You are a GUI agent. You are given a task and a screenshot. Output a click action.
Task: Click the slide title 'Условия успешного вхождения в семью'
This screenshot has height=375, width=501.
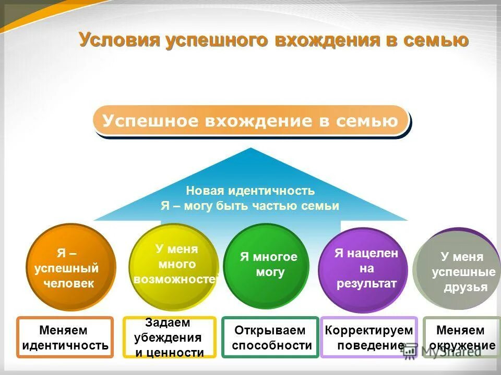[x=273, y=40]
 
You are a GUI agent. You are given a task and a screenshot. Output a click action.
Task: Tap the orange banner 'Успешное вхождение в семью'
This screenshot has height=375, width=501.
[x=250, y=121]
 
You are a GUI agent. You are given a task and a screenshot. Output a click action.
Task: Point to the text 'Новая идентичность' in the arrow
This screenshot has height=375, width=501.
[x=250, y=191]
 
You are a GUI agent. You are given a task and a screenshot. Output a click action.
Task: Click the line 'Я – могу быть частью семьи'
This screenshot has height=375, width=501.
[x=250, y=206]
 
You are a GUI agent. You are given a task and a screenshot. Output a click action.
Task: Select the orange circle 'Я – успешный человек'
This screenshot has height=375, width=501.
[x=70, y=267]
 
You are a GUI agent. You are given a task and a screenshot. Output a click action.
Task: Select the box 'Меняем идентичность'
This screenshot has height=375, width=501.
[x=65, y=337]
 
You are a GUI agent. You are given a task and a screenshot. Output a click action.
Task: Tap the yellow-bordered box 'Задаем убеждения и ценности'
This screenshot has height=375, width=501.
[x=169, y=337]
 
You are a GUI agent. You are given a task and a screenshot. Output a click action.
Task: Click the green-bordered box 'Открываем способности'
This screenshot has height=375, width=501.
[x=270, y=337]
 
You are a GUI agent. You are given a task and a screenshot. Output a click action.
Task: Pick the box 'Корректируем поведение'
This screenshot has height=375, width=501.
[x=368, y=337]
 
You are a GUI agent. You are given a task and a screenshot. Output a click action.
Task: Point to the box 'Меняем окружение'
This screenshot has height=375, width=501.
[x=461, y=337]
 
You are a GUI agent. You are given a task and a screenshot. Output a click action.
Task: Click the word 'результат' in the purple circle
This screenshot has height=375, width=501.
[x=366, y=283]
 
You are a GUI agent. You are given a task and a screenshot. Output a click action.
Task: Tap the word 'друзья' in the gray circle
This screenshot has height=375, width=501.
[x=466, y=287]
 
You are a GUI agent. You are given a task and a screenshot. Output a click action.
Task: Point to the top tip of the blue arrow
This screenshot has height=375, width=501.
[x=251, y=148]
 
